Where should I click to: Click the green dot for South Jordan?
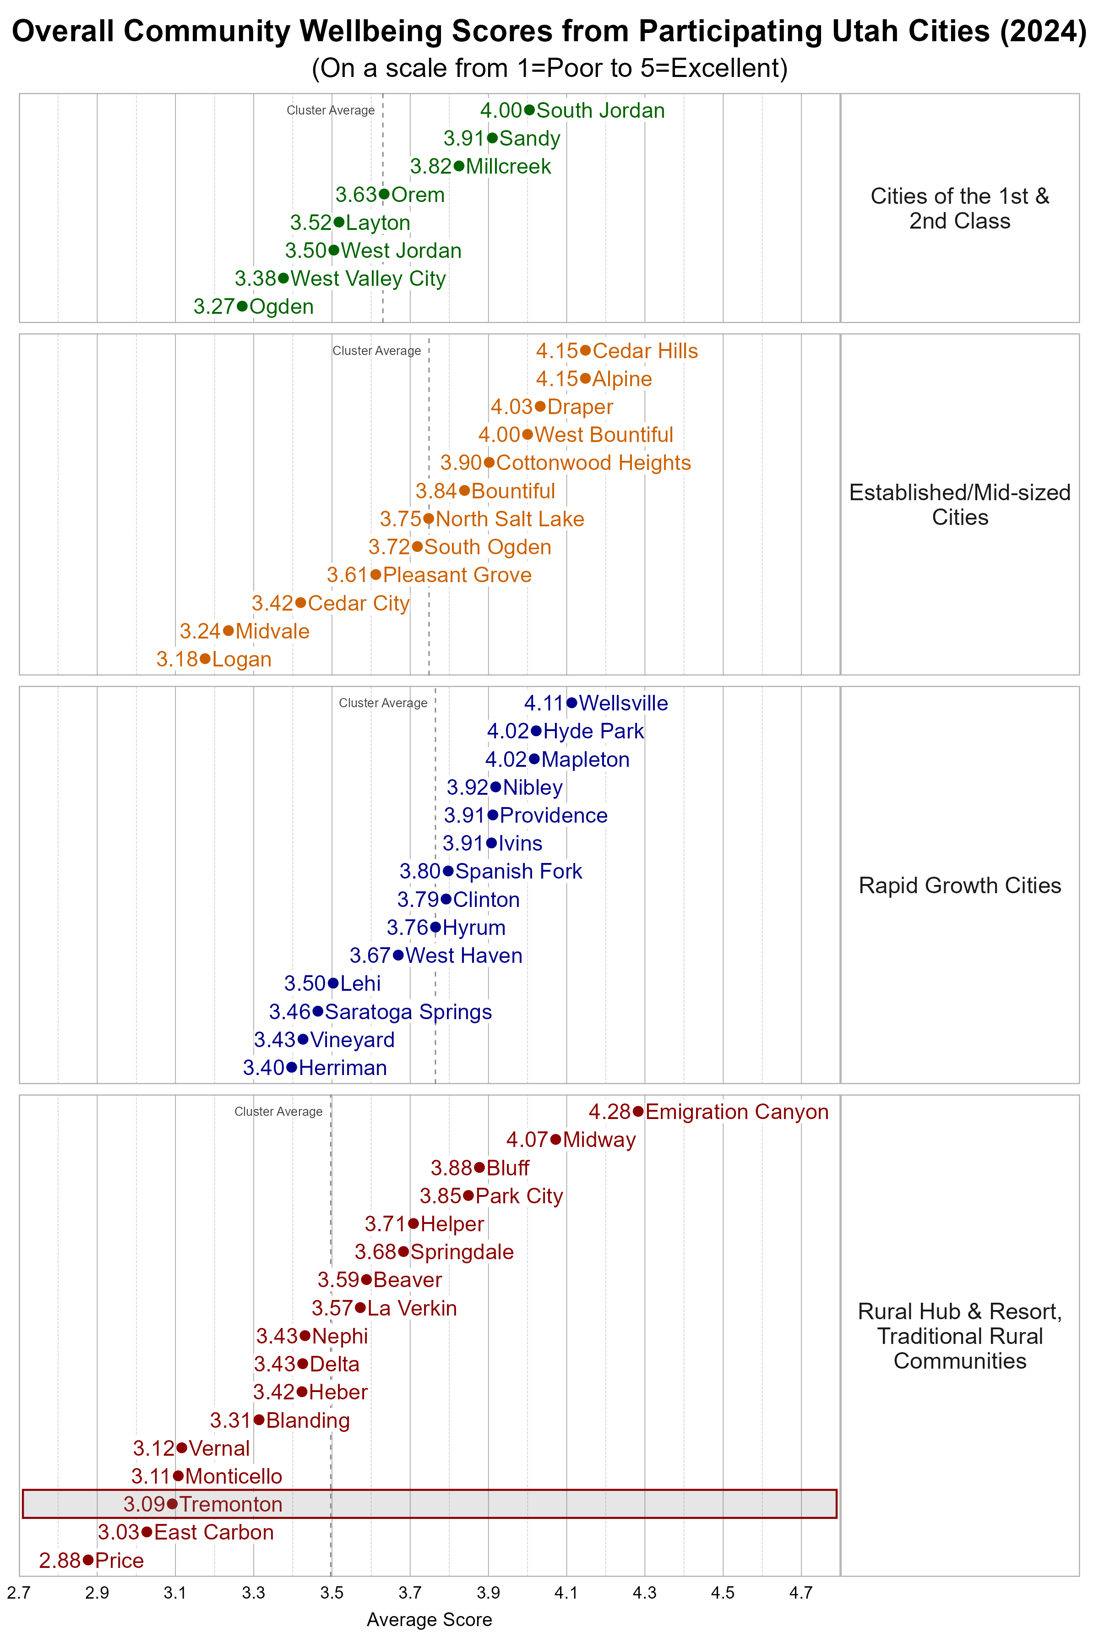[529, 110]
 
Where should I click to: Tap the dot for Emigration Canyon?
[638, 1111]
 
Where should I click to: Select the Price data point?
[87, 1560]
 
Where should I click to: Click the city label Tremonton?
[231, 1504]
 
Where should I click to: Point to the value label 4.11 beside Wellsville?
[544, 703]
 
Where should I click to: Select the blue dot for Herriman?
[292, 1068]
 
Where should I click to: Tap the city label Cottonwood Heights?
[593, 463]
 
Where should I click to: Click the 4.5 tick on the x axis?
[723, 1593]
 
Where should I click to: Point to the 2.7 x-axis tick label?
[19, 1593]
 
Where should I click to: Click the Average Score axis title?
[429, 1620]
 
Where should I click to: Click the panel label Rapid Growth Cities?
[959, 885]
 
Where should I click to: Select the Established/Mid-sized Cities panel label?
[959, 505]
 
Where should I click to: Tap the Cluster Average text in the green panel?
[331, 110]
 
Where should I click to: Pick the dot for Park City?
[468, 1196]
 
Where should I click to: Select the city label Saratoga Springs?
[408, 1012]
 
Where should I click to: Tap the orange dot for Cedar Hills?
[585, 350]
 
